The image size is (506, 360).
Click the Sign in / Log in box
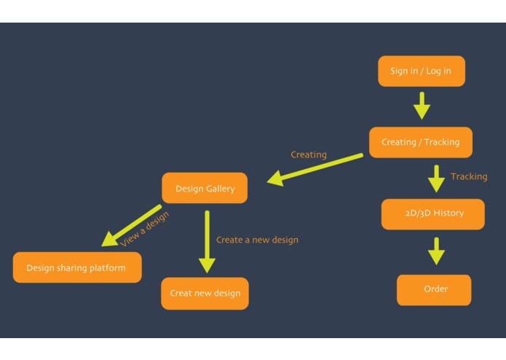[421, 71]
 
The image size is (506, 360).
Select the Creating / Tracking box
[420, 142]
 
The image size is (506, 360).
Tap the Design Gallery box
[205, 189]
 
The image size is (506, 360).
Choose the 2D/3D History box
[432, 214]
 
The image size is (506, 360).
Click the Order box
[435, 289]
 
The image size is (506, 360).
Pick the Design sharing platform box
[76, 267]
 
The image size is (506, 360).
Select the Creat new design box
[205, 293]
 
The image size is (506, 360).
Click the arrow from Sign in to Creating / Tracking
[422, 105]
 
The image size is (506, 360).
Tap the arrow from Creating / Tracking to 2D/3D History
[436, 179]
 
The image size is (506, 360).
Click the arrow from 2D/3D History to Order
[436, 251]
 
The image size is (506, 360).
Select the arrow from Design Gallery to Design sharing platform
[131, 227]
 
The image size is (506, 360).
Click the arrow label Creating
[309, 154]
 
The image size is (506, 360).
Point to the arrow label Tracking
[469, 176]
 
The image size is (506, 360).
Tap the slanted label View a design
[144, 229]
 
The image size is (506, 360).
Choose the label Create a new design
[257, 240]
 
